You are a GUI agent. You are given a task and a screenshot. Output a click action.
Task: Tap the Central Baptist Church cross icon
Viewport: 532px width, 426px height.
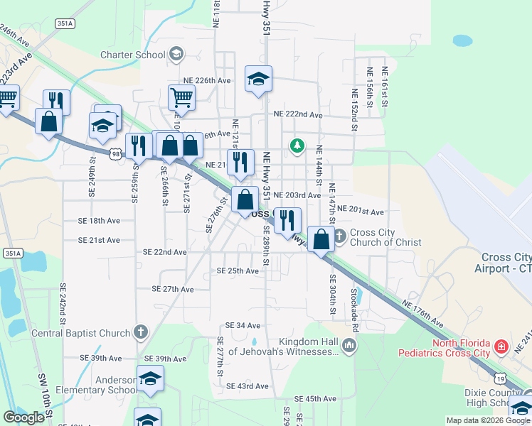pos(141,332)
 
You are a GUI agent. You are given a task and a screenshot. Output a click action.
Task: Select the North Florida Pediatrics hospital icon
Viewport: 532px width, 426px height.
pos(502,347)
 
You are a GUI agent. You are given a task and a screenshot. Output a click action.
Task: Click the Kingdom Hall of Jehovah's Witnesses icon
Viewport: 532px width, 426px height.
pos(349,346)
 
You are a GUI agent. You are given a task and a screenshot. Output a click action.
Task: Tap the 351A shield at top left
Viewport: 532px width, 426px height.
pos(64,23)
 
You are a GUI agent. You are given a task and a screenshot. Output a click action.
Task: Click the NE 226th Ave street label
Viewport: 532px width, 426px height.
pos(206,81)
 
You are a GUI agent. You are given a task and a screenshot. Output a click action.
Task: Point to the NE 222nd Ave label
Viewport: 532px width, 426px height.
pos(298,114)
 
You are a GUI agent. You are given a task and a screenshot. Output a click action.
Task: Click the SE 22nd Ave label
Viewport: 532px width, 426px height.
pos(164,252)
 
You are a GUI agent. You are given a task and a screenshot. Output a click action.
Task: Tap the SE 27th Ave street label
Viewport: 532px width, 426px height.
pos(173,289)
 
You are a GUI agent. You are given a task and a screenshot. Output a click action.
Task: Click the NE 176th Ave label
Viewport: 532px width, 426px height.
pos(422,314)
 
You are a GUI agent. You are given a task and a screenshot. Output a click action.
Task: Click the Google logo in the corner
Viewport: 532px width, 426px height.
pos(23,417)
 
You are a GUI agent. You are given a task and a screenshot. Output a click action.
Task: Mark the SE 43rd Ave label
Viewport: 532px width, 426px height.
pos(247,386)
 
